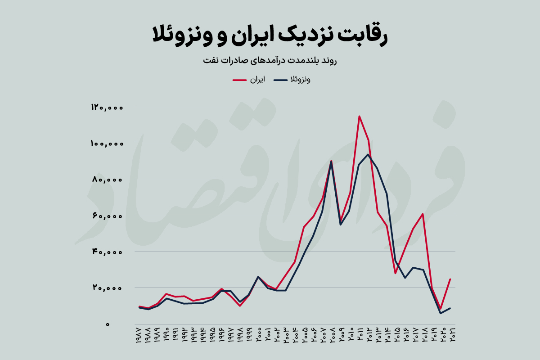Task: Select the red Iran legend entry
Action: (248, 80)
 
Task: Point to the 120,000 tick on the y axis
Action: (107, 107)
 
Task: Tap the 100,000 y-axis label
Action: (107, 143)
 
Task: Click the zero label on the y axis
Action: (107, 324)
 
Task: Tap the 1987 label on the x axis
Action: (139, 337)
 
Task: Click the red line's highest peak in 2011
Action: (359, 116)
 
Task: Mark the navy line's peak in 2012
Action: (368, 154)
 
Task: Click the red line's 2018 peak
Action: (423, 214)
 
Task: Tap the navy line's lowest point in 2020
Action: (441, 313)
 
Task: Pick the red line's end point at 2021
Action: (450, 279)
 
